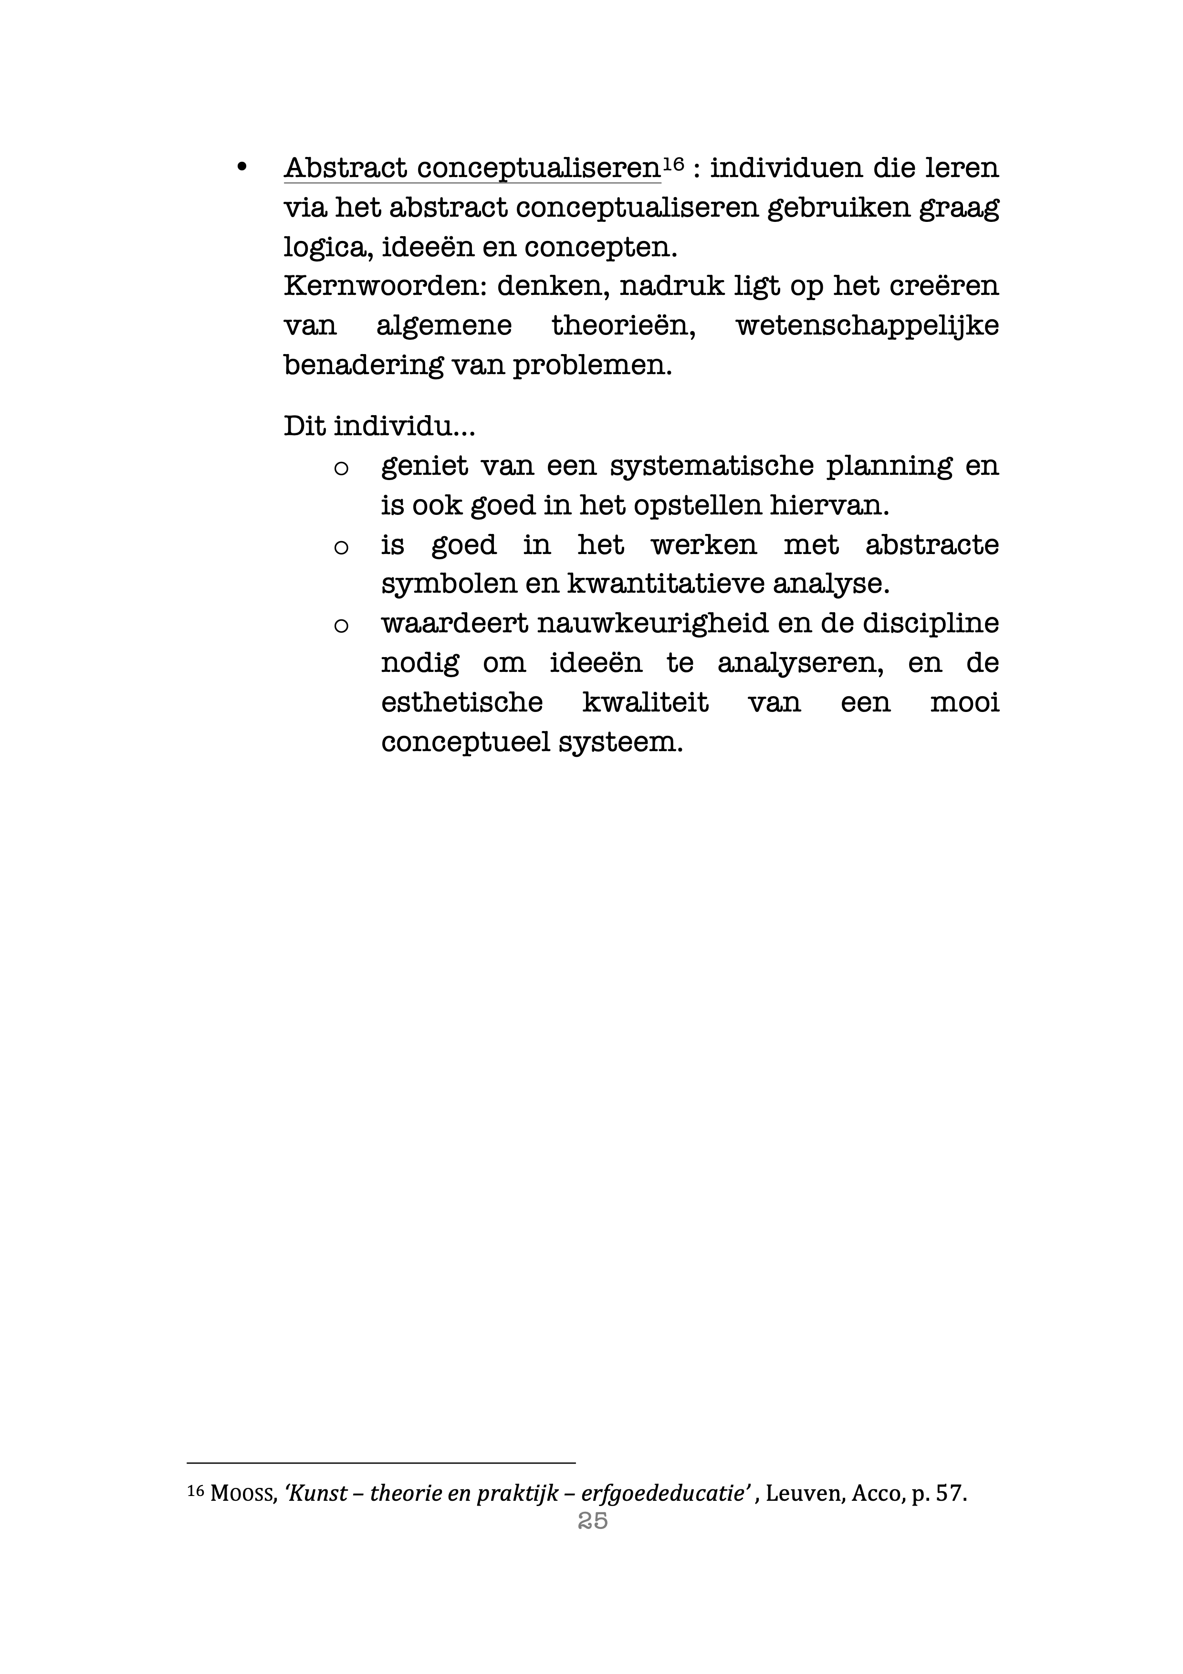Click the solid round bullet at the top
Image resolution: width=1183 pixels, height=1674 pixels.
pos(242,167)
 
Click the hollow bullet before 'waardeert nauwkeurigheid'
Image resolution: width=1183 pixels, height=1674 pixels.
pos(340,626)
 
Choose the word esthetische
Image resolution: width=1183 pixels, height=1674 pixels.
pos(461,703)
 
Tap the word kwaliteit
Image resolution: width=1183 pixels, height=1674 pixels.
pos(645,703)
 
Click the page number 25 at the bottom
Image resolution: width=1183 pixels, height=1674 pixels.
pos(592,1520)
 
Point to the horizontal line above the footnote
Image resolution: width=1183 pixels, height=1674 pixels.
pos(381,1462)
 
